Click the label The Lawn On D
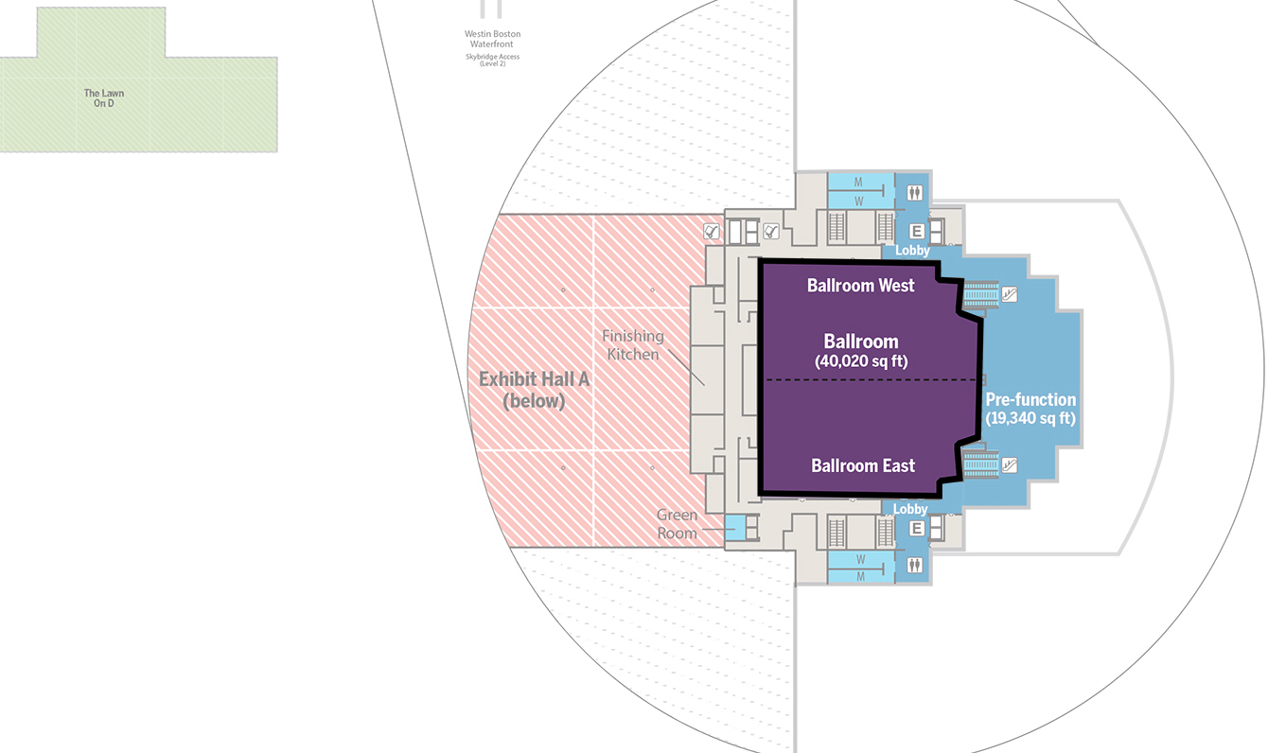104,98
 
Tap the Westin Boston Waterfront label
492,39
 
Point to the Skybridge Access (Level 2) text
492,60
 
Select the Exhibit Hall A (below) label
534,390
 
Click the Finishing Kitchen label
632,344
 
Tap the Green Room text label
678,524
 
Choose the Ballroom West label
860,285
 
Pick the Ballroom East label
863,465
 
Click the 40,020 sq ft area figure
861,360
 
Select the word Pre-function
1030,399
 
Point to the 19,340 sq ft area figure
1030,417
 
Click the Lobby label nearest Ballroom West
912,251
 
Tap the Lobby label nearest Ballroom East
910,509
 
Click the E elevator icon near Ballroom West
916,231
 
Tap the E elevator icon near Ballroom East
916,529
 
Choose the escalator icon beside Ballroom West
1010,294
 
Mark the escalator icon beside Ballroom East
1010,464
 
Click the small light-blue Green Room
735,527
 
